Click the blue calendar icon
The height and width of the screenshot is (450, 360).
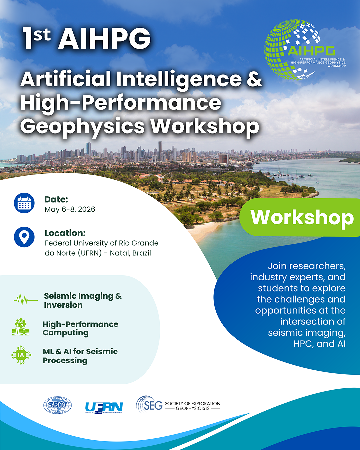(x=24, y=203)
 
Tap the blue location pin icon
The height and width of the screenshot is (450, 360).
(x=24, y=237)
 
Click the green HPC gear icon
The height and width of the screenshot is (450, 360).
(x=21, y=327)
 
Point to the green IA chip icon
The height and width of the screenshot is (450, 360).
(x=21, y=355)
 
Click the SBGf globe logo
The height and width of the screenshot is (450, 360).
(x=58, y=405)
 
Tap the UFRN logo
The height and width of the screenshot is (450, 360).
(x=104, y=408)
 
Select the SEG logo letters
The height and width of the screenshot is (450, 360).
(x=153, y=406)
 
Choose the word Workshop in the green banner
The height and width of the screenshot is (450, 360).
(x=302, y=217)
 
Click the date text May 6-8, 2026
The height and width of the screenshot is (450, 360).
(x=70, y=209)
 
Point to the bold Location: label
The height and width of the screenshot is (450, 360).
(x=65, y=233)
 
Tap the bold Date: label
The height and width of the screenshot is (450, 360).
(x=56, y=199)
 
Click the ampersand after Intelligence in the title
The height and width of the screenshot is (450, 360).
(x=254, y=79)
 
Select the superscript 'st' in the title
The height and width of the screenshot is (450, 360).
(x=42, y=35)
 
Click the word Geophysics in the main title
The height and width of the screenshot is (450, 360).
(x=82, y=127)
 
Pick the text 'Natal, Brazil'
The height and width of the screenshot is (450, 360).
(x=130, y=253)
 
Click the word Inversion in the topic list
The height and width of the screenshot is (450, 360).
(x=63, y=305)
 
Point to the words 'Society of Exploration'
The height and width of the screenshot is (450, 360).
(x=193, y=403)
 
